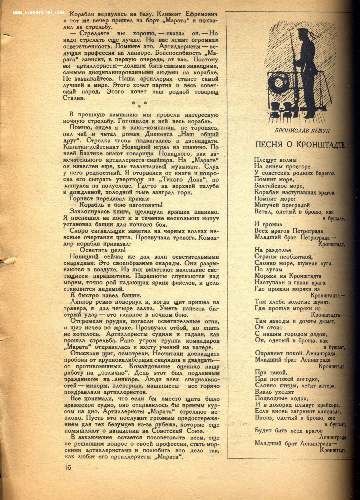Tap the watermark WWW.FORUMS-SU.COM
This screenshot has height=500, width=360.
coord(39,13)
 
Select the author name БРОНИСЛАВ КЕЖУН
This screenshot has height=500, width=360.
coord(300,130)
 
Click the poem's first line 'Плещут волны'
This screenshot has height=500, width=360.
coord(275,160)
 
